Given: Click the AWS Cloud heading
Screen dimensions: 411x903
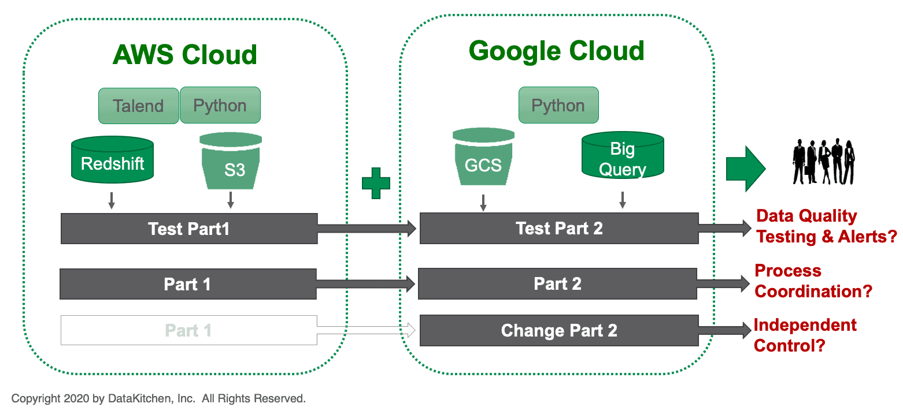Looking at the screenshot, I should [x=184, y=55].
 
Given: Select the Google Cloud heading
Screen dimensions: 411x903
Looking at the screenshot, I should [x=556, y=51].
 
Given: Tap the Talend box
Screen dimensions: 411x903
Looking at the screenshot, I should [x=138, y=106].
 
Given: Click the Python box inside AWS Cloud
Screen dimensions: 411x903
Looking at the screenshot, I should [x=220, y=106].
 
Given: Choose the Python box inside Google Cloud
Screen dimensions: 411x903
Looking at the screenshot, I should [x=558, y=106].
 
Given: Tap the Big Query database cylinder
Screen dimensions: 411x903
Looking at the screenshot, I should [x=622, y=157].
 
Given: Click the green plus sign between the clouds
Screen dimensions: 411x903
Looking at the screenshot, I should [x=376, y=183].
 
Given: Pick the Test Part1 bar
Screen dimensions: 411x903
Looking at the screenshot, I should [x=189, y=229].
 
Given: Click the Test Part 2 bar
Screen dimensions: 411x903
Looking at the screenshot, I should [x=559, y=229].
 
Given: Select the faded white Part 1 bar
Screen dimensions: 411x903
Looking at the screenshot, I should [x=188, y=330].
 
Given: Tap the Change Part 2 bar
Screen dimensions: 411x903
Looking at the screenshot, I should [x=559, y=330].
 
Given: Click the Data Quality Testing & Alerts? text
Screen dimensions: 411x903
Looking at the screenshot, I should [x=826, y=226].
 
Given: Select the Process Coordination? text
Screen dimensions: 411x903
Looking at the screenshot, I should [x=813, y=281].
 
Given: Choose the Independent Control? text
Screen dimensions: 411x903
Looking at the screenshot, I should [x=805, y=335].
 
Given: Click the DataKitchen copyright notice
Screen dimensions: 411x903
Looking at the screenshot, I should [x=158, y=398].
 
